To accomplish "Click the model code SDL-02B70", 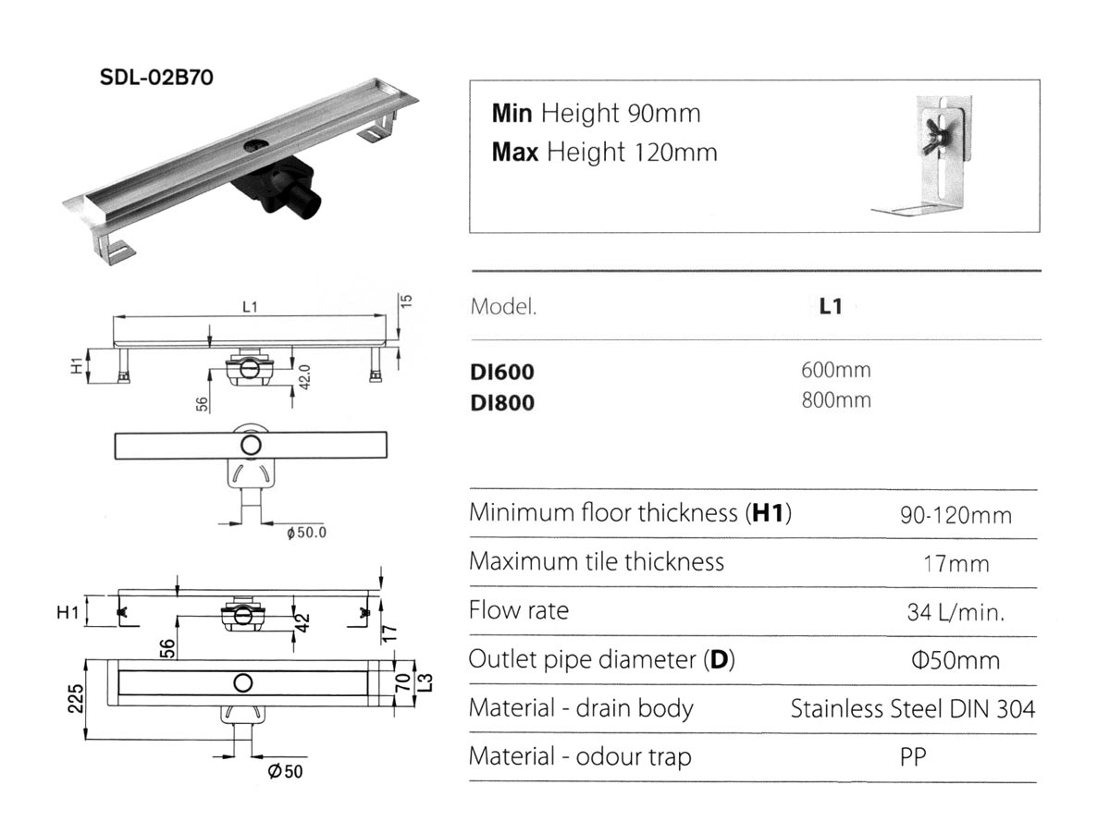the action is point(156,78).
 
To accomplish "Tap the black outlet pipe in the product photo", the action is point(306,203).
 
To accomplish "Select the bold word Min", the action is point(512,113).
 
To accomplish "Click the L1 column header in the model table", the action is point(831,306).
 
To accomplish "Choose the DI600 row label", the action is point(502,372).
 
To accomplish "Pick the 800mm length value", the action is point(836,400).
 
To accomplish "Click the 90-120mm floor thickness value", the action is point(956,516).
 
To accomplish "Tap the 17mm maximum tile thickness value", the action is point(956,564).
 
